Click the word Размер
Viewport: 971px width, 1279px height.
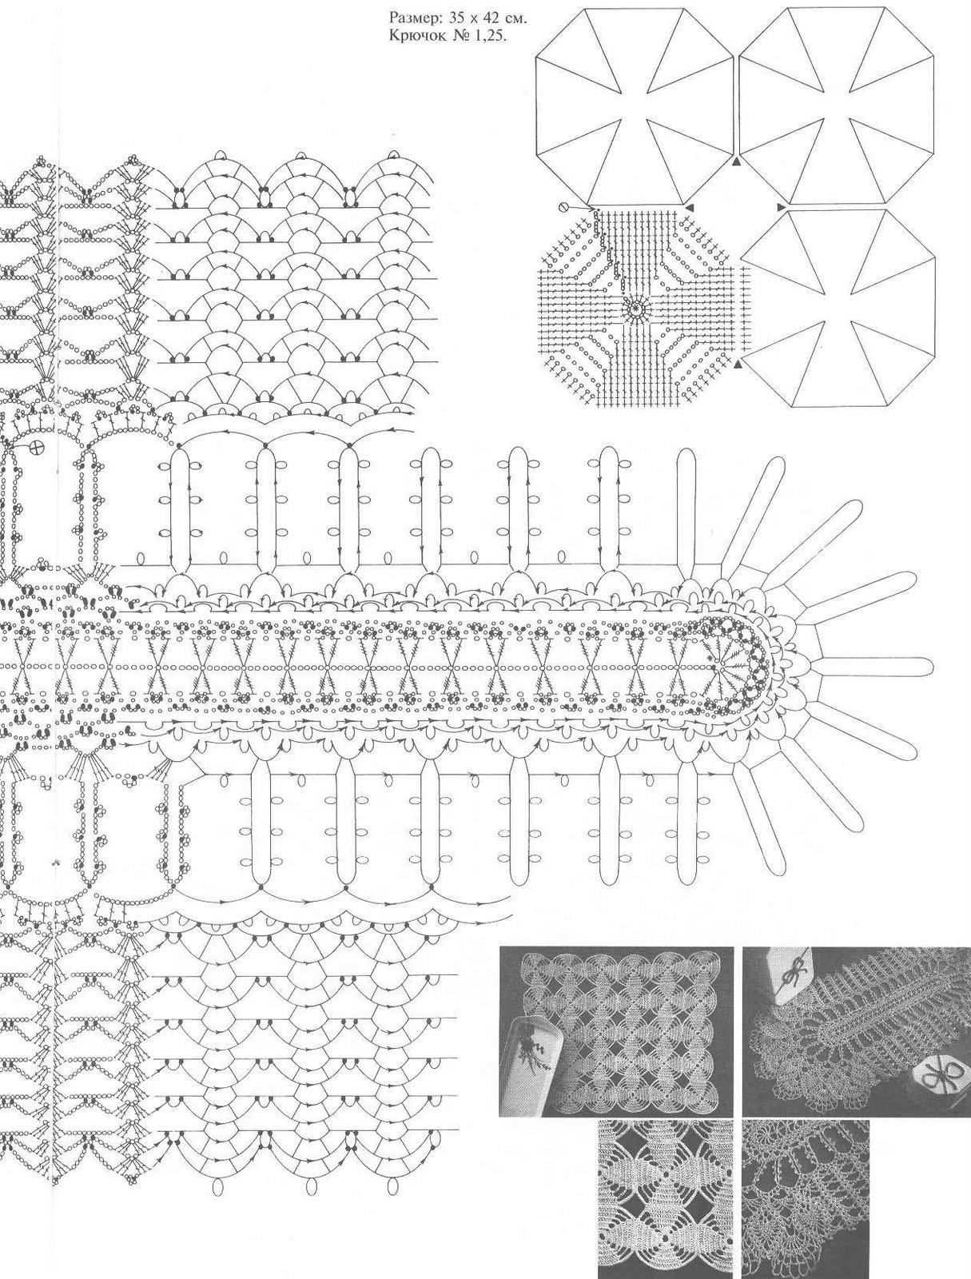410,20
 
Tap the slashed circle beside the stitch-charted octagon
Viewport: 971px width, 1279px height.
563,207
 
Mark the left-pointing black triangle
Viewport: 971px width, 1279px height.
690,207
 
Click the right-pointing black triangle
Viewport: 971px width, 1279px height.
781,207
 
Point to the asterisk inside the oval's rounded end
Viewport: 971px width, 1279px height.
709,657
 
